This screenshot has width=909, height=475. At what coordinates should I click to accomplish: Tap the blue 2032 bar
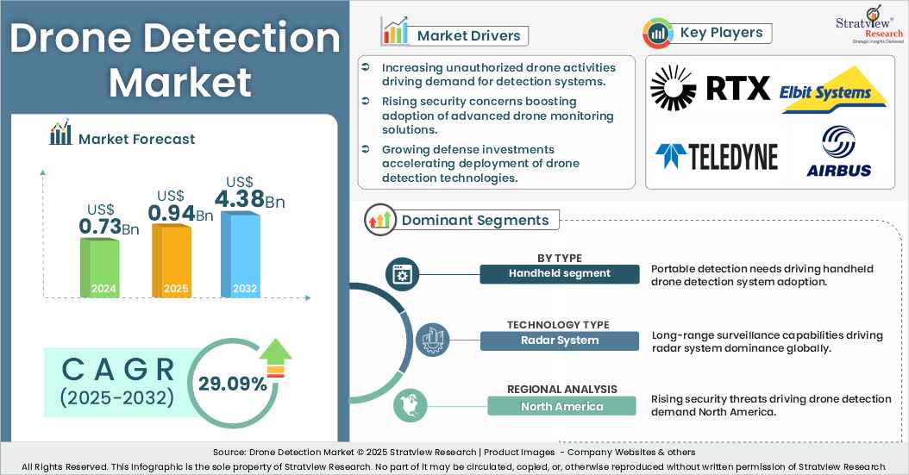[x=241, y=254]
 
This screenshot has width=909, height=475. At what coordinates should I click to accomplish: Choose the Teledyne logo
[x=716, y=156]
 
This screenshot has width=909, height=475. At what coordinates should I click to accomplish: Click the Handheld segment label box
[x=560, y=273]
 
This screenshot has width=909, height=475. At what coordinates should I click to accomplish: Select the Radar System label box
[x=560, y=340]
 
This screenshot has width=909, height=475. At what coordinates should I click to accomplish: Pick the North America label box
[x=561, y=406]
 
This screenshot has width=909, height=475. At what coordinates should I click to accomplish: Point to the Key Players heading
[x=721, y=33]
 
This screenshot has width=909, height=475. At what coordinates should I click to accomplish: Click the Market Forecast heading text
[x=136, y=139]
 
